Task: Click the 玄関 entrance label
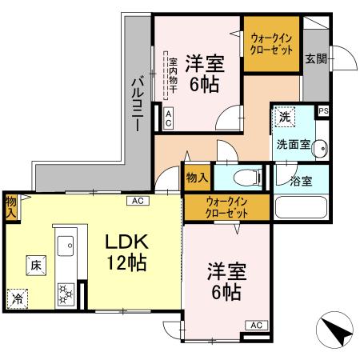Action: tap(314, 58)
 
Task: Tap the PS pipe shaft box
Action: tap(323, 111)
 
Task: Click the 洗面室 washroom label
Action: tap(292, 145)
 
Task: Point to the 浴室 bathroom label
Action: tap(301, 180)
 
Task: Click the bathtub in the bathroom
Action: tap(301, 207)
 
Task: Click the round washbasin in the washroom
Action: tap(319, 147)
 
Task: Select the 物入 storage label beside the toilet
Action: tap(196, 177)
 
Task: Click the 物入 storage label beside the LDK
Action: tap(10, 207)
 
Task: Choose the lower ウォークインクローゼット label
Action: tap(226, 208)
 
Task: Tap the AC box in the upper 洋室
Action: tap(169, 120)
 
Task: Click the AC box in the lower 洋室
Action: tap(256, 325)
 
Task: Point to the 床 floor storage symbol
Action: tap(36, 264)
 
